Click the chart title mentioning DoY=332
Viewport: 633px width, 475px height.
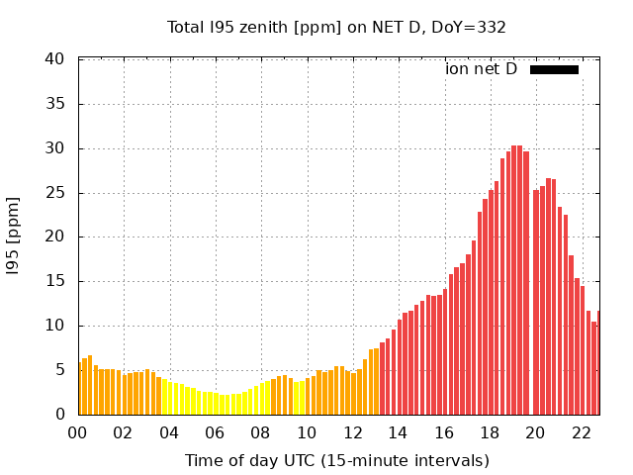pos(336,27)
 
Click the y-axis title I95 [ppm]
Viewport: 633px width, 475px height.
pos(14,237)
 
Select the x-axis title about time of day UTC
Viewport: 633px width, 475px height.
pos(336,460)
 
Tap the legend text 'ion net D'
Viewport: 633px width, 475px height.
pos(481,69)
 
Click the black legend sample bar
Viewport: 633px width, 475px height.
pos(554,69)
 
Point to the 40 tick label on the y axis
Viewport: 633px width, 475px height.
pos(55,59)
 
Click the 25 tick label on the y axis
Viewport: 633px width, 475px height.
pos(55,193)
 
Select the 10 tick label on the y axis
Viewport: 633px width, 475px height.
pos(55,326)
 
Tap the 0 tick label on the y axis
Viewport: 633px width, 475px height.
pos(60,415)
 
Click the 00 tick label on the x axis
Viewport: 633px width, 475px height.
pos(77,432)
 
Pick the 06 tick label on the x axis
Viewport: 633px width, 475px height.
pos(215,432)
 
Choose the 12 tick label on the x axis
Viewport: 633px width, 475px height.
pos(352,432)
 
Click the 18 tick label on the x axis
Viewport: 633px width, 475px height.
pos(490,432)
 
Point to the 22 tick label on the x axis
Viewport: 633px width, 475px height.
pos(582,432)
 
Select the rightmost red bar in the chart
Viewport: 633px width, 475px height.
pos(597,363)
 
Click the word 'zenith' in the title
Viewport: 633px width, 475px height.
pos(257,27)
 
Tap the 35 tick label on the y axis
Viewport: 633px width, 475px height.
pos(55,104)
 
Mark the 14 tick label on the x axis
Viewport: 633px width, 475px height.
pos(398,432)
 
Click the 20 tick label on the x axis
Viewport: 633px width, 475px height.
pos(535,432)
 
